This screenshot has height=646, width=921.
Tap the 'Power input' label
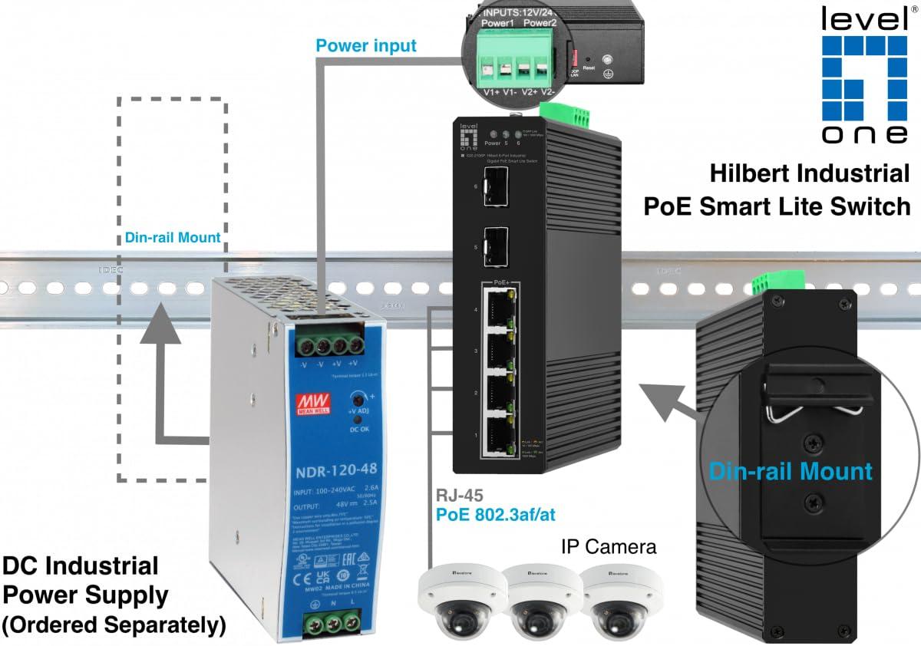coord(366,45)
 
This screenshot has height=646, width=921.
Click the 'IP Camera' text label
coord(609,547)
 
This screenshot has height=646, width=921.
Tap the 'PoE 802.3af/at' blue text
coord(495,515)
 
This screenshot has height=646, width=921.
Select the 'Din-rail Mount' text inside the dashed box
coord(173,238)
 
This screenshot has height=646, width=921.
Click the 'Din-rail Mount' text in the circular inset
coord(791,470)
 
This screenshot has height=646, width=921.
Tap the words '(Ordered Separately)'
coord(114,625)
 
